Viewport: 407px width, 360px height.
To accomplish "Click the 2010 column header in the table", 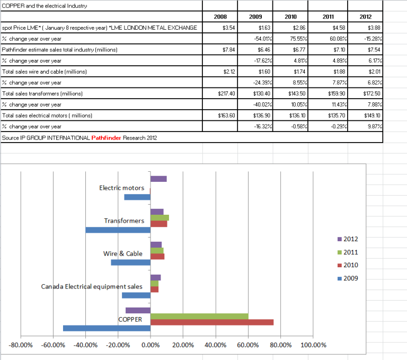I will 290,16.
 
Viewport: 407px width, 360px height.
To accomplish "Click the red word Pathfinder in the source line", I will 105,137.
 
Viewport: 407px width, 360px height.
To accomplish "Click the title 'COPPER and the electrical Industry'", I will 44,5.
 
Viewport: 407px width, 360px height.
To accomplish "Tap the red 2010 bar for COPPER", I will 212,322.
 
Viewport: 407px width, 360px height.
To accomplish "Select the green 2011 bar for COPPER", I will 199,317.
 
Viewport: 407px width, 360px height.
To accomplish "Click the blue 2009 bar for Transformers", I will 118,230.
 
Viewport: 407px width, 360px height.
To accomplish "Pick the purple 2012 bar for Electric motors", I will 158,179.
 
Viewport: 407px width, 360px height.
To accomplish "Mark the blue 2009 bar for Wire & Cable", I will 131,262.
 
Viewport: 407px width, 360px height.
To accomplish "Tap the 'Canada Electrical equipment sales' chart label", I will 92,286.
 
